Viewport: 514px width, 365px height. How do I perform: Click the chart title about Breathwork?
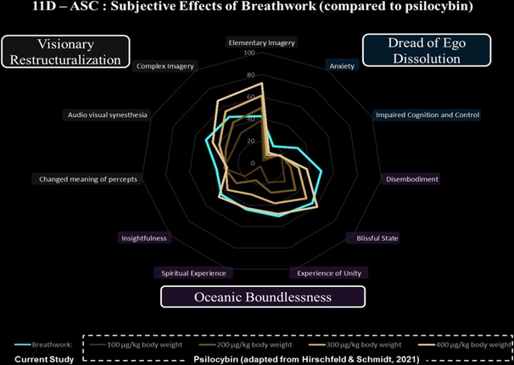(257, 11)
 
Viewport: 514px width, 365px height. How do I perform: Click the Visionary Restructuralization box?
(64, 51)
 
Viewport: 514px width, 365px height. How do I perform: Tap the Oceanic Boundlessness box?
(262, 295)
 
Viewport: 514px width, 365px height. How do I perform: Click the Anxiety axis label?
(341, 65)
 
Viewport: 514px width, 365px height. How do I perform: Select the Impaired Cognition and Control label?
(428, 115)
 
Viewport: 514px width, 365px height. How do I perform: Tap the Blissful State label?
(377, 238)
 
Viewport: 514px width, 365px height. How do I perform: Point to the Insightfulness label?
(144, 238)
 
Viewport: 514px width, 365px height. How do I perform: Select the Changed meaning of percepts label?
(87, 179)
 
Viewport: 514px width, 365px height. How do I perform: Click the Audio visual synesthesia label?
(107, 115)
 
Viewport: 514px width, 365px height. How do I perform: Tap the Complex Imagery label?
(165, 65)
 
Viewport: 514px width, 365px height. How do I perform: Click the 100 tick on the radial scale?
(249, 53)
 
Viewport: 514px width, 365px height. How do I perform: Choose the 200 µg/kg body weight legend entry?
(251, 345)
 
